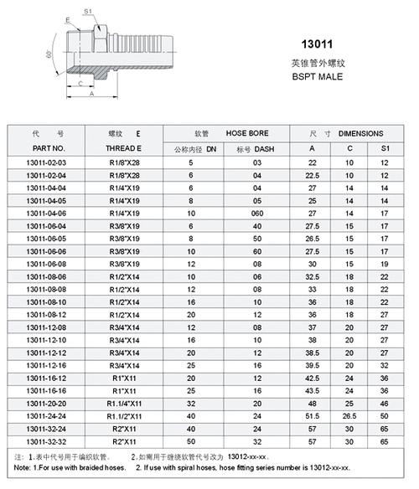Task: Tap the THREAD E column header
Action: click(124, 147)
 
